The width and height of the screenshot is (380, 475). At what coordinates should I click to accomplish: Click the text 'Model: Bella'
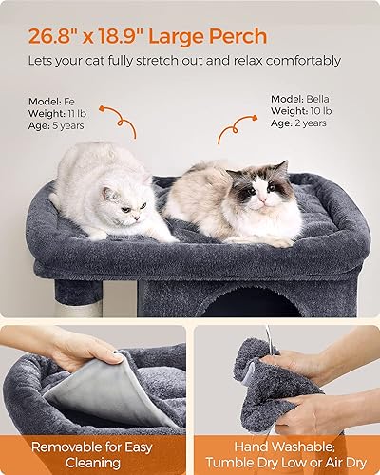tap(302, 99)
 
